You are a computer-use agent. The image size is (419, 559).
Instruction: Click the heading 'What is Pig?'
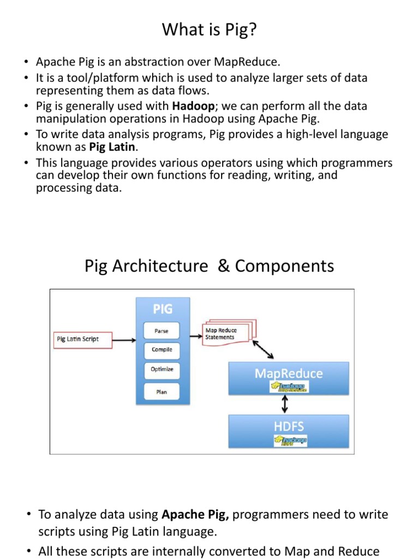click(209, 31)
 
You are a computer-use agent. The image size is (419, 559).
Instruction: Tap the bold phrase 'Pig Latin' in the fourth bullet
click(112, 147)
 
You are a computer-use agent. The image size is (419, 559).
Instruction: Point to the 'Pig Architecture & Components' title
click(209, 266)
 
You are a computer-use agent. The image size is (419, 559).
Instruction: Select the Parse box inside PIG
click(161, 330)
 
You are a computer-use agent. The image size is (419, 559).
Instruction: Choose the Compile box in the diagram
click(161, 349)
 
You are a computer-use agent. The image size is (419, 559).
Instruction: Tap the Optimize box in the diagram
click(161, 369)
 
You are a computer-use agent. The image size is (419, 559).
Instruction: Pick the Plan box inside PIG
click(161, 391)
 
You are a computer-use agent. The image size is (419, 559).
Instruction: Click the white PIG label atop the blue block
click(163, 309)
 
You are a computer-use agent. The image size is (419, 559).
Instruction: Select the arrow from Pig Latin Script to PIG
click(125, 340)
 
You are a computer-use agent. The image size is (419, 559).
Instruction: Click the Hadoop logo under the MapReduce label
click(289, 386)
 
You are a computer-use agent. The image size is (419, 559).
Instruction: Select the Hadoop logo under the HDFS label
click(290, 441)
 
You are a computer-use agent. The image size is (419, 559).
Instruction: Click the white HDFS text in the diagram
click(288, 425)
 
